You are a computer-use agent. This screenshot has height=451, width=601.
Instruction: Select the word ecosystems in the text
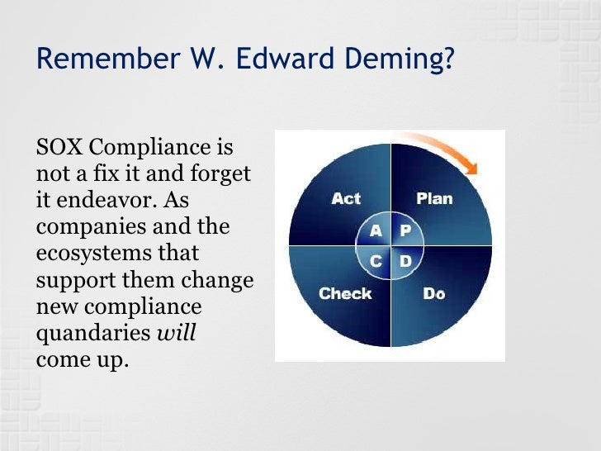(89, 254)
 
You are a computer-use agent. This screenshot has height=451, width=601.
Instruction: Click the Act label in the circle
(345, 199)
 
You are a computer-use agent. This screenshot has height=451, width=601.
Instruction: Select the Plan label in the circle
(434, 199)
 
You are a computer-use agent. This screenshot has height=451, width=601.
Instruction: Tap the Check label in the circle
(345, 293)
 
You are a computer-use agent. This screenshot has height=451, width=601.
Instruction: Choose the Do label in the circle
(434, 293)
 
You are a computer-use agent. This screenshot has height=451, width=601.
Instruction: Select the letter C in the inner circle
(376, 261)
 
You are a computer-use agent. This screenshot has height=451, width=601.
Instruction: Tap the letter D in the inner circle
(405, 261)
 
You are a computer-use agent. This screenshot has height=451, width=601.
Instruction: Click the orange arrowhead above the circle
(471, 166)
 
